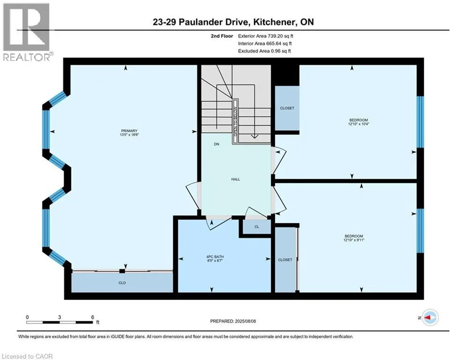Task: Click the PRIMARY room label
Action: (129, 131)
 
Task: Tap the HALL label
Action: (236, 179)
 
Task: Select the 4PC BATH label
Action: (215, 256)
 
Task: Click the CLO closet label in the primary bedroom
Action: (122, 283)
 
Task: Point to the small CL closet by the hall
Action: (257, 227)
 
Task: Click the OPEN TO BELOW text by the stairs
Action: (236, 121)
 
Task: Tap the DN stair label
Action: (217, 144)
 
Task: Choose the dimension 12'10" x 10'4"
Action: (359, 124)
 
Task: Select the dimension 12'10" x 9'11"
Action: (354, 240)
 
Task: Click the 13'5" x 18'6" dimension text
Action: (129, 135)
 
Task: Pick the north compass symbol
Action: (430, 317)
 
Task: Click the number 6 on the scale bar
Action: (93, 317)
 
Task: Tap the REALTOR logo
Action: (27, 32)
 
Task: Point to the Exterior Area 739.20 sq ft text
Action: (266, 36)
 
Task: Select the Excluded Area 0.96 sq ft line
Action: (265, 51)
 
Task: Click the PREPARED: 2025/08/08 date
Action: (233, 321)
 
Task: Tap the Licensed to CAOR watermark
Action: (27, 356)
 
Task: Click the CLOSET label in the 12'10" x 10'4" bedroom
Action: (287, 108)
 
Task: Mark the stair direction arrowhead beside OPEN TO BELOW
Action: (255, 136)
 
